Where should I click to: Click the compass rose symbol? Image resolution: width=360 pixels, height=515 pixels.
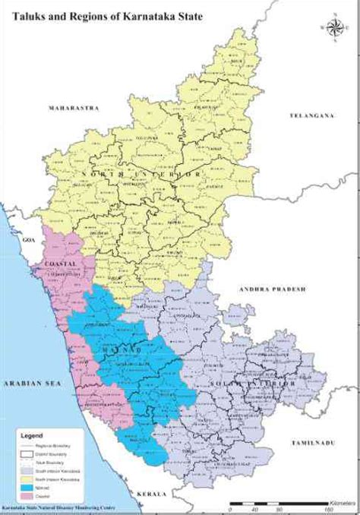click(332, 30)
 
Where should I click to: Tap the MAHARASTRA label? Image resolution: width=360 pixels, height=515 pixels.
click(74, 108)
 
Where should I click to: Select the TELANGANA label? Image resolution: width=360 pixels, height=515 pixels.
click(311, 115)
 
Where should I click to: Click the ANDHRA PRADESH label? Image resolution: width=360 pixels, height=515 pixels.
click(270, 289)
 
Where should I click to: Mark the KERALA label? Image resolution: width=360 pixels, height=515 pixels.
click(151, 493)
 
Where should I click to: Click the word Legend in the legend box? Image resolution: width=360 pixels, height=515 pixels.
click(35, 436)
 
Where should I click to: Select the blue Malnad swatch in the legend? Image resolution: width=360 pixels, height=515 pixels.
click(28, 479)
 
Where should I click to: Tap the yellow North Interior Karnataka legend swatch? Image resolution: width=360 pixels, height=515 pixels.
click(28, 471)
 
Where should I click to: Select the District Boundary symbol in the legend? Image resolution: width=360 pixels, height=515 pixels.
click(28, 452)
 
